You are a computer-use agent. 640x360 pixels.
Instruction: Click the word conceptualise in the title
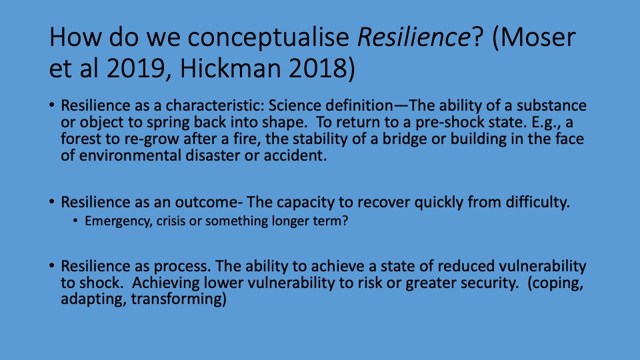coord(268,37)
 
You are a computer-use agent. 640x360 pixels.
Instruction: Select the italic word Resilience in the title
coord(414,37)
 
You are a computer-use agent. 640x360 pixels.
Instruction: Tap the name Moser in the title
coord(538,37)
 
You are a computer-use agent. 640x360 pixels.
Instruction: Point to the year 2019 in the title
coord(135,68)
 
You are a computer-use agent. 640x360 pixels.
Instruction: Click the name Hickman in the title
coord(230,68)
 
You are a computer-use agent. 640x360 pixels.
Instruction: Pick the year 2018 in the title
coord(318,68)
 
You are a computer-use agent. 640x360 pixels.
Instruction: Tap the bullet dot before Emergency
coord(75,221)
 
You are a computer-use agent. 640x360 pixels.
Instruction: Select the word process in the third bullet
coord(182,266)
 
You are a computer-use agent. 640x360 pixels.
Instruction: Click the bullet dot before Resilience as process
coord(51,266)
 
